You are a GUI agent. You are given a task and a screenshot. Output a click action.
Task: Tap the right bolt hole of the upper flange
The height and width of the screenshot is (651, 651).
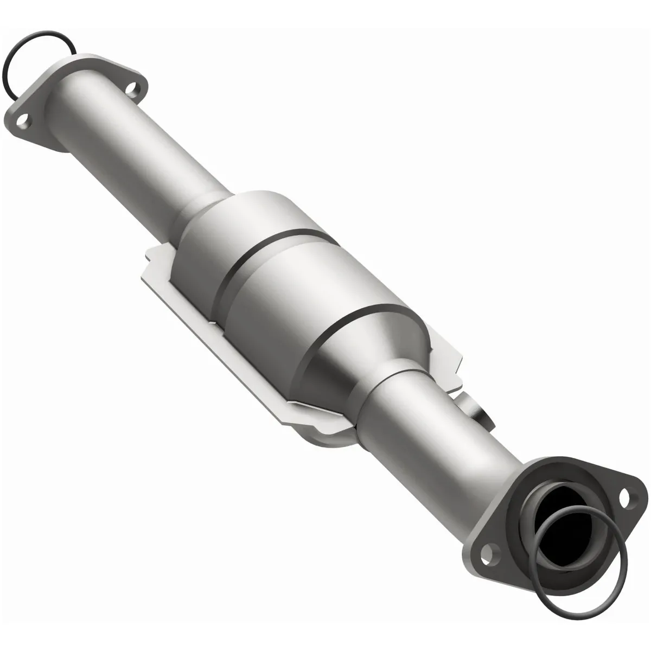pyautogui.click(x=131, y=87)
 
